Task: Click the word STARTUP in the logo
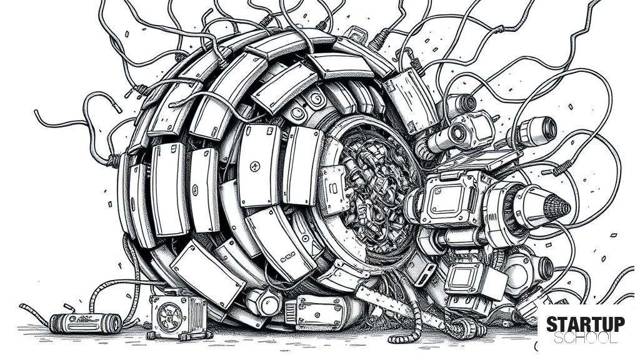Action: (585, 324)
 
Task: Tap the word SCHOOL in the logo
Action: (585, 338)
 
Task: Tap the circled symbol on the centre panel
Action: (254, 166)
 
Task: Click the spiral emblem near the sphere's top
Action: (316, 98)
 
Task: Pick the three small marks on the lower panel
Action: (287, 257)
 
